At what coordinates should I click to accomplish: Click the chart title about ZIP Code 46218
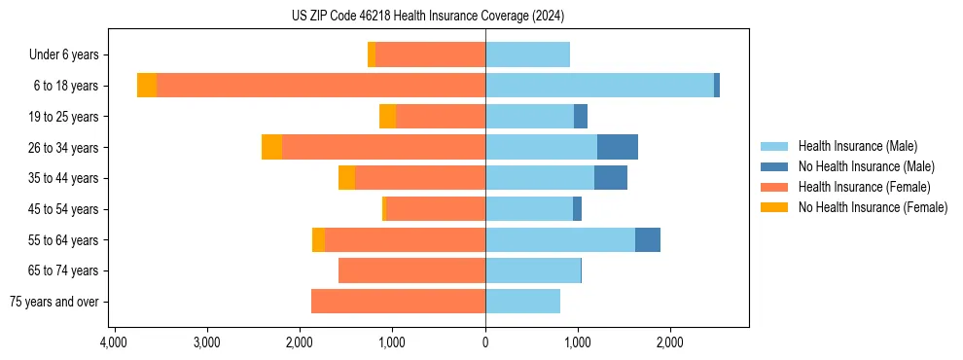tap(427, 17)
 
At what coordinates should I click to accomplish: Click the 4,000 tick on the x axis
tap(114, 343)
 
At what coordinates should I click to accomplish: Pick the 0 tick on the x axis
tap(485, 343)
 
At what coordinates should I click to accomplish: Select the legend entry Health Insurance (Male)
tap(857, 146)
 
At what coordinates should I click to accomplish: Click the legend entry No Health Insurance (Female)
tap(873, 207)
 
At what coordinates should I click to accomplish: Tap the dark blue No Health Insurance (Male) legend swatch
tap(774, 166)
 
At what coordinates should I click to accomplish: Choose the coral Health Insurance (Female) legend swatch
tap(774, 187)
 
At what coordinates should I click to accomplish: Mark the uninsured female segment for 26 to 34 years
tap(271, 147)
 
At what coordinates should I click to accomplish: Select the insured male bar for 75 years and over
tap(522, 302)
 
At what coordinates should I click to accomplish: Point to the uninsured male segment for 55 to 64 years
tap(648, 239)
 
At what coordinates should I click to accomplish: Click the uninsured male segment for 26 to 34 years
tap(618, 147)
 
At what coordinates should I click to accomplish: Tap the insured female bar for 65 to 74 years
tap(411, 270)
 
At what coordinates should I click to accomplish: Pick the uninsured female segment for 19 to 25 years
tap(387, 117)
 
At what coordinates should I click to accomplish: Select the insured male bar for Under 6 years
tap(527, 55)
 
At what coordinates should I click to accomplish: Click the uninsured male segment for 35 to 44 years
tap(611, 178)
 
